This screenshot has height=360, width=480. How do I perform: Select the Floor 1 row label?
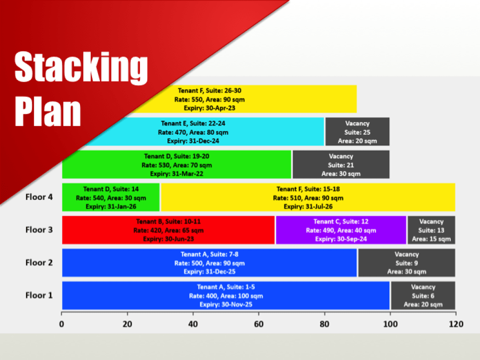coord(39,295)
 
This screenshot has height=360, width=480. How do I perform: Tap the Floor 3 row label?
coord(39,230)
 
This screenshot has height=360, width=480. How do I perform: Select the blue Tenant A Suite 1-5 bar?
coord(225,295)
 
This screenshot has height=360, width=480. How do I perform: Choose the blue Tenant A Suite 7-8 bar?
coord(210,262)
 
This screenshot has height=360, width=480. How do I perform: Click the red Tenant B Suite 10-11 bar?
coord(168,230)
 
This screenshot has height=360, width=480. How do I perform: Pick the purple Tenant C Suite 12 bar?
coord(341,230)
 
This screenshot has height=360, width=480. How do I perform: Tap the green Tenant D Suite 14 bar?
coord(111,197)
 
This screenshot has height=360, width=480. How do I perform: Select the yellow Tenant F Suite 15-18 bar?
coord(308,197)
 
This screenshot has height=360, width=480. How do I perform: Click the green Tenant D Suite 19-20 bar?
coord(177,164)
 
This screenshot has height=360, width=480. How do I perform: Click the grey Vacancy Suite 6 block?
coord(423,295)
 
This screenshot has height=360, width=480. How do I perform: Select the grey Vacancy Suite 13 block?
coord(431,230)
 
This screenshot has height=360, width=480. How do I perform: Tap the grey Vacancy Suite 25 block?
coord(358,132)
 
